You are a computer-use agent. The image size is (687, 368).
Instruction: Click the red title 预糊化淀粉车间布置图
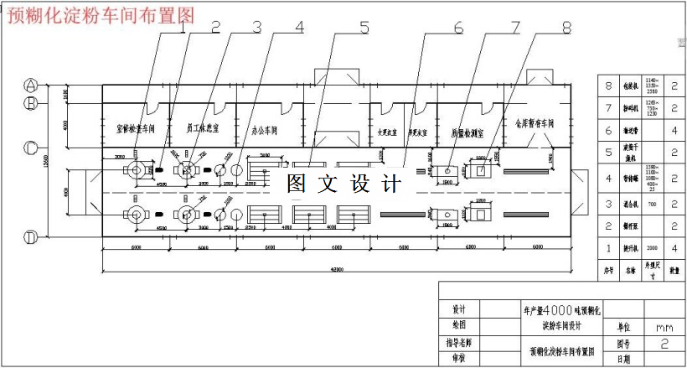[101, 13]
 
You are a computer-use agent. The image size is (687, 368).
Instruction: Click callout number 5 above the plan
[364, 28]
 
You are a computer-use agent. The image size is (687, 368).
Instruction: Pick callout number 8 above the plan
[567, 28]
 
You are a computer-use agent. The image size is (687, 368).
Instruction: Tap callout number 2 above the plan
[215, 28]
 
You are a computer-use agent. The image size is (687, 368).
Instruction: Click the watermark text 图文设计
[344, 183]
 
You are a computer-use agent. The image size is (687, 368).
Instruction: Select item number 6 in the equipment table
[609, 131]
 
